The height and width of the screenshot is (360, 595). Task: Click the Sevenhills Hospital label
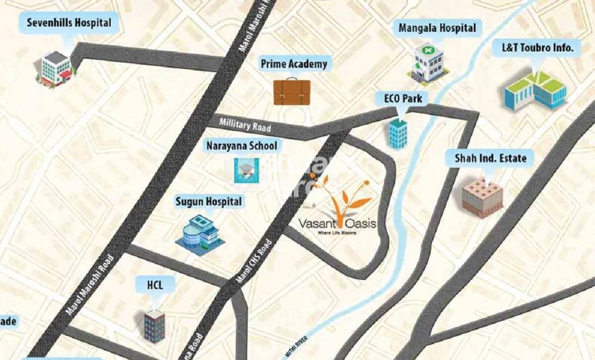pos(68,23)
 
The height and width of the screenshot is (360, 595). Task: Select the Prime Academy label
pos(294,64)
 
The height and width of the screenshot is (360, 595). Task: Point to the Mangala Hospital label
pos(437,28)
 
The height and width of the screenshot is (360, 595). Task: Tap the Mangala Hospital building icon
pos(428,62)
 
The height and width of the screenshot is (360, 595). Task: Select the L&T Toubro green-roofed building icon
pos(535,90)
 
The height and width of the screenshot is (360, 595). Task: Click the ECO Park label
pos(403,98)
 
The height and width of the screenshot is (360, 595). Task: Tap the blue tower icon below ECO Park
pos(398,133)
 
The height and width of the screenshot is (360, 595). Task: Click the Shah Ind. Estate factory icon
pos(482,198)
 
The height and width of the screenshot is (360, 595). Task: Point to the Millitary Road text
pos(245,125)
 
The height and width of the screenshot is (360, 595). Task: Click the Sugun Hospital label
pos(209,202)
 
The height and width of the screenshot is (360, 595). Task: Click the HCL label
pos(155,285)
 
